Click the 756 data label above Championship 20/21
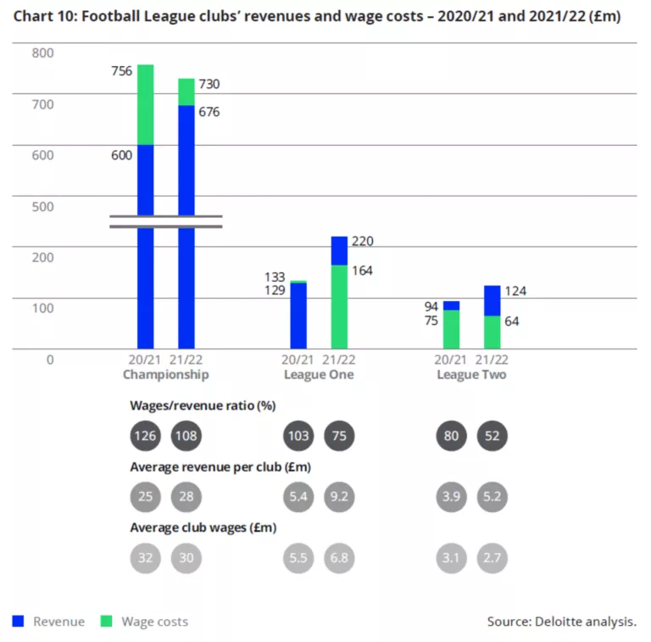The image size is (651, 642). tap(122, 71)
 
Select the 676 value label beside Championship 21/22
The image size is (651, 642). tap(209, 111)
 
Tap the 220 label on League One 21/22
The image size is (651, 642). tap(363, 241)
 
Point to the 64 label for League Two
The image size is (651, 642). tap(511, 321)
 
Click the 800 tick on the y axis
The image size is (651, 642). tap(42, 53)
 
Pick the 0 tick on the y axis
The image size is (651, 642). tap(49, 359)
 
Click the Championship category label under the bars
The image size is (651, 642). tap(165, 374)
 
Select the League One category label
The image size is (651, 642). tap(318, 374)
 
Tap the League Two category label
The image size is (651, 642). tap(471, 374)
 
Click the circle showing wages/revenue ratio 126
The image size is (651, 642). tap(145, 437)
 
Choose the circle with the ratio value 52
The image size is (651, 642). tap(492, 437)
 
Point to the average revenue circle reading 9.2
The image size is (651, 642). tap(339, 496)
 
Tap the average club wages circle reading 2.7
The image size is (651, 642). tap(492, 557)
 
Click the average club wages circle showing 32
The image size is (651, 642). tap(145, 557)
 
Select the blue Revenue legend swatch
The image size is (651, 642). tap(18, 621)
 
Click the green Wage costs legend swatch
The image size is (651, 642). tap(106, 621)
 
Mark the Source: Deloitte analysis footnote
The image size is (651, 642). tap(561, 622)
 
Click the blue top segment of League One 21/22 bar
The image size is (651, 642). tap(339, 250)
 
